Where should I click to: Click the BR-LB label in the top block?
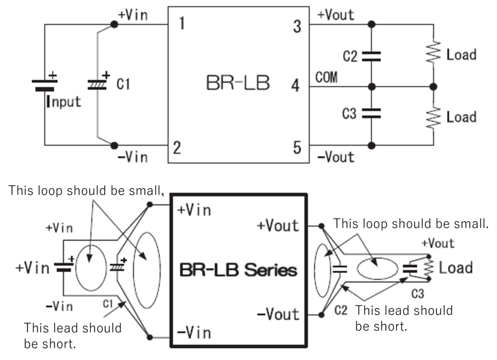pos(238,84)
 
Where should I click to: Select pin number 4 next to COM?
pos(295,87)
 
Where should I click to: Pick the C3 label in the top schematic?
pos(349,114)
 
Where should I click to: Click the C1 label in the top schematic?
pos(123,85)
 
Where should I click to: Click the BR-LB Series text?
pos(238,269)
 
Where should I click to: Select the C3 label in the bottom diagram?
pos(418,293)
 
